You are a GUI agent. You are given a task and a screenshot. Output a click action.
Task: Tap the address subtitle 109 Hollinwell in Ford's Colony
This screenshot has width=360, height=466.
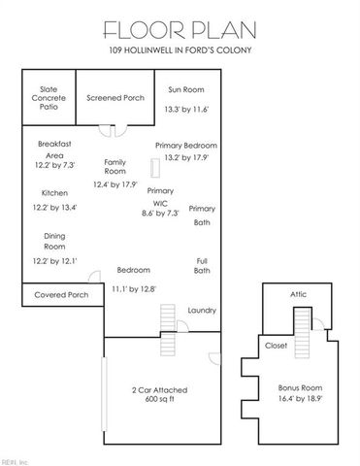pos(180,50)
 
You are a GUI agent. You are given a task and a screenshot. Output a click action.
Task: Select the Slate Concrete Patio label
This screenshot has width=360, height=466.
pos(48,98)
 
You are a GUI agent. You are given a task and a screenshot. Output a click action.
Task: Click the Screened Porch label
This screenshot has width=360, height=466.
pos(115,98)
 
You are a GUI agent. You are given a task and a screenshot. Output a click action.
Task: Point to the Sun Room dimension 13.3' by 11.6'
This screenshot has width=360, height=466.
pos(187,110)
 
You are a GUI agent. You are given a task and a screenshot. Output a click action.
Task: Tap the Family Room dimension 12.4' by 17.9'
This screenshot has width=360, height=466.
pos(115,184)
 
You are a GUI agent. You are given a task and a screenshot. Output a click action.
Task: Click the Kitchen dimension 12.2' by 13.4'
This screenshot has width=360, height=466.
pos(55,207)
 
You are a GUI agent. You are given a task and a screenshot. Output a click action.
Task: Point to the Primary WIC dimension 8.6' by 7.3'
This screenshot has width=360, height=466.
pos(161,213)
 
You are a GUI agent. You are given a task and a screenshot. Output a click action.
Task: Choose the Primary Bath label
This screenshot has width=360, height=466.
pos(202,216)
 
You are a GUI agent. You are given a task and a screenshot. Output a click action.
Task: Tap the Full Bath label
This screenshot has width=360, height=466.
pos(202,264)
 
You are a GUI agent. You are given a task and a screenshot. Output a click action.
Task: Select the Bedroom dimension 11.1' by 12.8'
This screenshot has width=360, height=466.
pos(133,288)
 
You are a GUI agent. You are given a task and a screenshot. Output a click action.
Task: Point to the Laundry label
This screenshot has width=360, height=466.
pos(202,310)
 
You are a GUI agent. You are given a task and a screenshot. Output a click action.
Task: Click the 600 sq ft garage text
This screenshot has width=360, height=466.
pos(160,399)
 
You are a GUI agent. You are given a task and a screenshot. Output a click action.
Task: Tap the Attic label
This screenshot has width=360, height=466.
pos(299,295)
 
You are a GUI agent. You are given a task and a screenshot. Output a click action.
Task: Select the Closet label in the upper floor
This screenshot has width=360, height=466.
pos(276,344)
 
